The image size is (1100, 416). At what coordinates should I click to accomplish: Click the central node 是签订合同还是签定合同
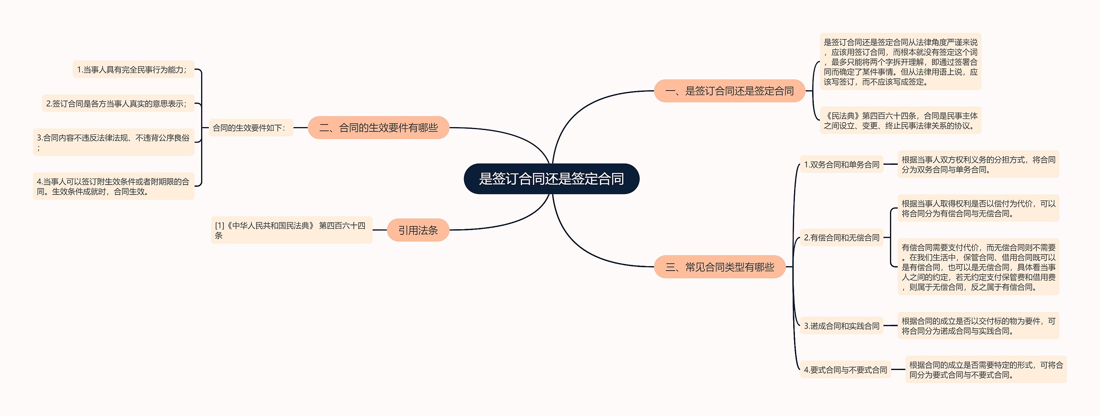click(551, 179)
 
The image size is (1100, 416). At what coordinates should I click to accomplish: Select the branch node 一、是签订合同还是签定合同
click(729, 91)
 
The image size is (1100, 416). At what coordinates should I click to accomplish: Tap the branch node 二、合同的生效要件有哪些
click(378, 128)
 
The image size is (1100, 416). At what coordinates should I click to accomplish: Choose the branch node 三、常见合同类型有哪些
click(720, 267)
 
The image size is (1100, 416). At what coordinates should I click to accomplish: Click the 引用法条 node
click(418, 230)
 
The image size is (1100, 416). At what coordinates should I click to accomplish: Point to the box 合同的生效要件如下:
click(251, 128)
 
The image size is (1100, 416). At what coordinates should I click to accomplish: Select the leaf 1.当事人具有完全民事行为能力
click(133, 70)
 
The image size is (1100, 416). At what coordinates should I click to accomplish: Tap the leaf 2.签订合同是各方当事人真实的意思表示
click(118, 103)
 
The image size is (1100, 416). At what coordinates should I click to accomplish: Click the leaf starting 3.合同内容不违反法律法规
click(113, 142)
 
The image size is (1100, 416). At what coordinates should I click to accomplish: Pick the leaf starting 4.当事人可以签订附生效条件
click(113, 186)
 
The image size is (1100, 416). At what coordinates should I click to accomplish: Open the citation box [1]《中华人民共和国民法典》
click(291, 230)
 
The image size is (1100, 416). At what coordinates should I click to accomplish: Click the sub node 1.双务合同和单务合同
click(841, 164)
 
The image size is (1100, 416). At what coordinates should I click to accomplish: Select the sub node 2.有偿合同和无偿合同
click(841, 237)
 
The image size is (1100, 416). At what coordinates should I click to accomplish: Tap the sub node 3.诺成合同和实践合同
click(841, 326)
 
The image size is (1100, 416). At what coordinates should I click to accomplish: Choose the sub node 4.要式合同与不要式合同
click(845, 370)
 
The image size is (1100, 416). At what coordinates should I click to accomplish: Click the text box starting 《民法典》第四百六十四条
click(900, 121)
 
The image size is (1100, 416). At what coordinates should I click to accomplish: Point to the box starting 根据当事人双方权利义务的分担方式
click(978, 164)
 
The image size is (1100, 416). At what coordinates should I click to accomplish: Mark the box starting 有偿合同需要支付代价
click(978, 267)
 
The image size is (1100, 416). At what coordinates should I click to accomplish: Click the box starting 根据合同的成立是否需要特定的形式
click(986, 370)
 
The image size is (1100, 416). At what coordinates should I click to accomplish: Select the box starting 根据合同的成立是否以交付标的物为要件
click(978, 326)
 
